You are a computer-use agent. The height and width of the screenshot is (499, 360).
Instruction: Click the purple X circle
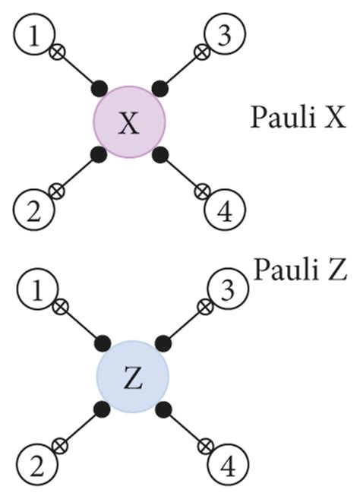pos(129,122)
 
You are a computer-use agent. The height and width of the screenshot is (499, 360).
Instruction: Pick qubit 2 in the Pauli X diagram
pos(33,206)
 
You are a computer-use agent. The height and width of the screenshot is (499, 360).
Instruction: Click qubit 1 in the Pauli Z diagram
pos(33,290)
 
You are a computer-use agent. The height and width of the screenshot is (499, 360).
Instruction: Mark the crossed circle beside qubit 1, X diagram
pos(55,54)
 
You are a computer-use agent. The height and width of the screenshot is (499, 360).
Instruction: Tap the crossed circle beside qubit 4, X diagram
pos(201,190)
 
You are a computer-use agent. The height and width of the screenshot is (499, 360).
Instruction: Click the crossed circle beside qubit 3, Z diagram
pos(204,306)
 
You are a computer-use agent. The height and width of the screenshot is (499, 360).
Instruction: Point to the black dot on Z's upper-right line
pos(162,342)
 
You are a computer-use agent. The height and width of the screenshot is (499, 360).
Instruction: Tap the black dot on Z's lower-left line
pos(99,411)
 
